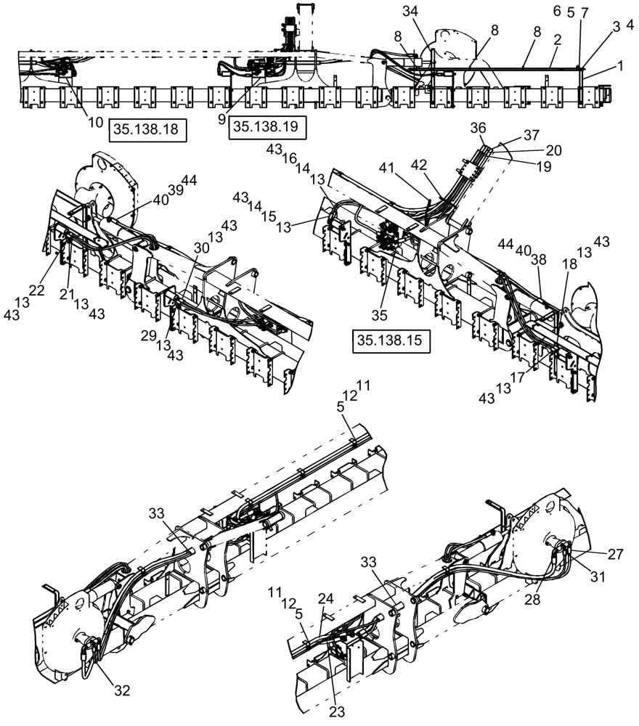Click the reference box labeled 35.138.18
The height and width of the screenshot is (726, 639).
(x=148, y=131)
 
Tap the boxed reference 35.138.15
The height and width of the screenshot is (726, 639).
(x=390, y=340)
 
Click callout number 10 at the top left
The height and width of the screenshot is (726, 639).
(x=96, y=122)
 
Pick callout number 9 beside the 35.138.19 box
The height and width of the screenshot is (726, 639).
(x=221, y=118)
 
